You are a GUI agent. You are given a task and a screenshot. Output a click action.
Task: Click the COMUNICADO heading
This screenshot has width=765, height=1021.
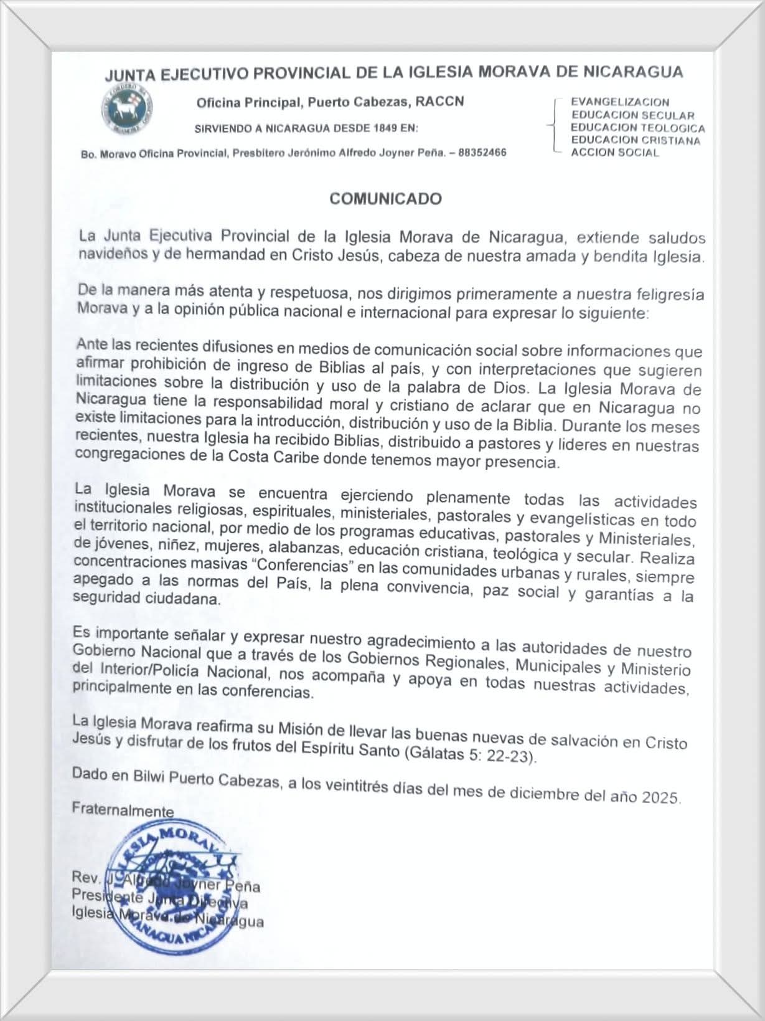click(385, 199)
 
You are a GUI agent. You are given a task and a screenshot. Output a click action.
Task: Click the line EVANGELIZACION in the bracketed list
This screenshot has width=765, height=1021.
click(620, 102)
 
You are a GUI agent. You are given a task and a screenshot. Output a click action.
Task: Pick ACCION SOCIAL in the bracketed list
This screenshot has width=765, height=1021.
click(614, 153)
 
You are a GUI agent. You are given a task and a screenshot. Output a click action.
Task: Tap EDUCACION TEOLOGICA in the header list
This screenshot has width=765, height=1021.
click(638, 128)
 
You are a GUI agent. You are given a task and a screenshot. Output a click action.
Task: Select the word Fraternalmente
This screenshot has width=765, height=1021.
click(123, 810)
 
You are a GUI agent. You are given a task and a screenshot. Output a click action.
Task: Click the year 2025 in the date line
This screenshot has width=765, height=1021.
click(660, 797)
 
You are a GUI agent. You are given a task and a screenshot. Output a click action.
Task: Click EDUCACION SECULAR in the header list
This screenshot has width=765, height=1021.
click(632, 115)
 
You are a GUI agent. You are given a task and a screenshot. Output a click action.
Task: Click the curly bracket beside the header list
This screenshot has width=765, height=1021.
click(553, 125)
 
